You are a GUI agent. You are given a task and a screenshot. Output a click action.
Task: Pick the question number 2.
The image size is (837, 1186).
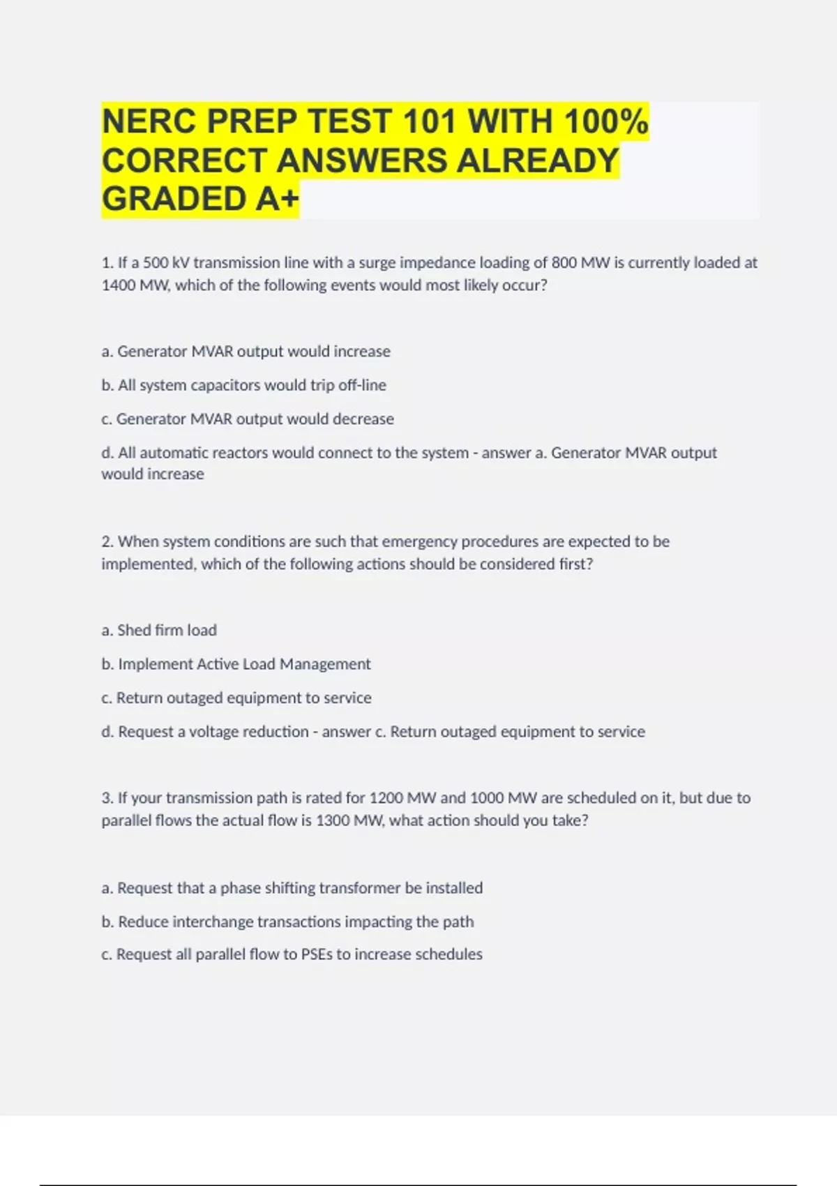[107, 541]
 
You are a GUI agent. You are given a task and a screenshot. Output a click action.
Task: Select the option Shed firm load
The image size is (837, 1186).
[159, 630]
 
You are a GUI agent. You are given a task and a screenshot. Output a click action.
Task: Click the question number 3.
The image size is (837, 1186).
[107, 798]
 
